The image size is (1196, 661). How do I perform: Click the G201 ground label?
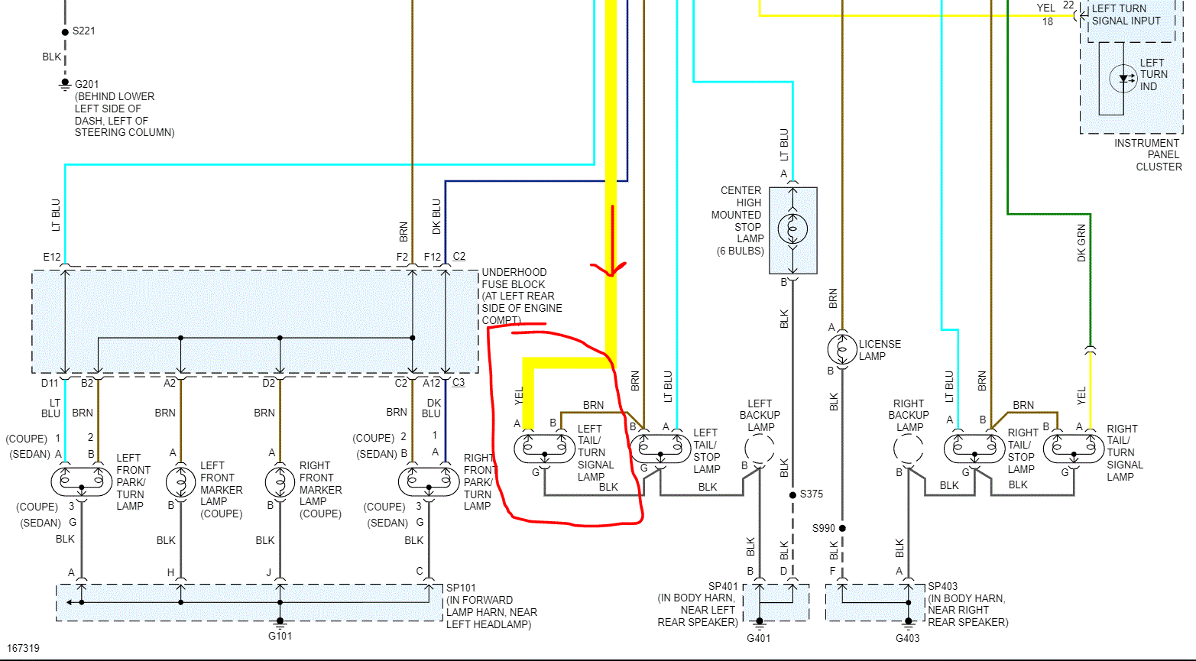(x=86, y=84)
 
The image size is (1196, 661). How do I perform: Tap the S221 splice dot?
(x=65, y=32)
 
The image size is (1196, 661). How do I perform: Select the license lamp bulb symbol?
(x=842, y=349)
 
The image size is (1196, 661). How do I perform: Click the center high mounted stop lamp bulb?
(x=792, y=228)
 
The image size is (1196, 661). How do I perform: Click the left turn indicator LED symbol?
(x=1123, y=78)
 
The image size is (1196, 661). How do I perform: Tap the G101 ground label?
(x=280, y=636)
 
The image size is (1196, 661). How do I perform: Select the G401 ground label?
(x=758, y=638)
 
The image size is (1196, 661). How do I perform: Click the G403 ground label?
(x=907, y=638)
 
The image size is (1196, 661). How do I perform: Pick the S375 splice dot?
(x=793, y=494)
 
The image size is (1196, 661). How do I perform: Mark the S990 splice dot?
(x=842, y=528)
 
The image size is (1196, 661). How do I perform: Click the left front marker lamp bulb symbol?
(x=180, y=481)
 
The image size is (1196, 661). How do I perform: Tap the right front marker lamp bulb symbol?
(x=280, y=481)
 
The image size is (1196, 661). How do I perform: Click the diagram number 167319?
(x=24, y=648)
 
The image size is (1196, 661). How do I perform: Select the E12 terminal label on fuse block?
(x=51, y=258)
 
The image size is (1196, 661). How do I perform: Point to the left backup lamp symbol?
(x=759, y=450)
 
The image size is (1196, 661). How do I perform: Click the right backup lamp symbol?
(x=908, y=450)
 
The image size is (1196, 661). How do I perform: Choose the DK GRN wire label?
(x=1081, y=244)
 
